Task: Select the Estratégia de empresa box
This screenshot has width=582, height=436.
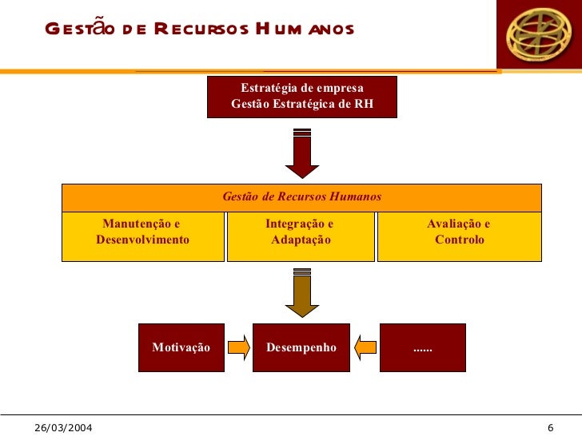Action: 301,97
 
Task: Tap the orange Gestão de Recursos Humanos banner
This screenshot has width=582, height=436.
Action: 301,196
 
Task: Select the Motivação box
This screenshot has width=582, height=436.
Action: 181,347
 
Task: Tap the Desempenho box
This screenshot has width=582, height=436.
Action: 301,347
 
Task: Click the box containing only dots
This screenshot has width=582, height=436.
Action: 422,347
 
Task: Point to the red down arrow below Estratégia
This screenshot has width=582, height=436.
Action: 302,153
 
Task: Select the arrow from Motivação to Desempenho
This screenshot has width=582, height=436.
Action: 238,347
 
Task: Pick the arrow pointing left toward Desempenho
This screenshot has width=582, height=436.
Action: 365,347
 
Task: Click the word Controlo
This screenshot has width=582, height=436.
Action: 459,240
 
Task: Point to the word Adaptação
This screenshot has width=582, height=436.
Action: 301,240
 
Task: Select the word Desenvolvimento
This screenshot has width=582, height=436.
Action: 142,240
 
